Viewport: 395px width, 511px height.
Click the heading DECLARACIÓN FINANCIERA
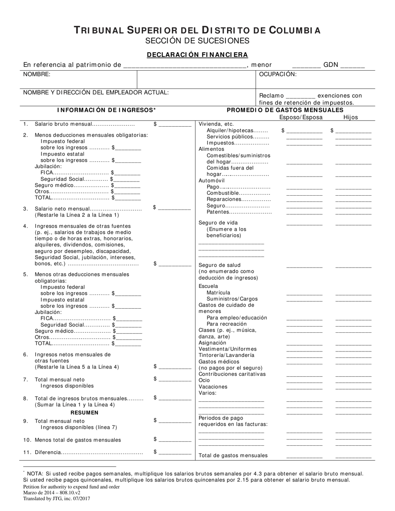(197, 54)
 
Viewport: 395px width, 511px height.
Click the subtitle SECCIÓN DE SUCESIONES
(197, 41)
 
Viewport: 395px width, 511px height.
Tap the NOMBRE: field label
(37, 74)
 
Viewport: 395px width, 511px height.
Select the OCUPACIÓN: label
(278, 74)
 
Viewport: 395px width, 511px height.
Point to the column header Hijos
(350, 117)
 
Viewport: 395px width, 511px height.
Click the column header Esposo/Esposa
(301, 117)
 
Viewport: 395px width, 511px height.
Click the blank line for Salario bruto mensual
(174, 125)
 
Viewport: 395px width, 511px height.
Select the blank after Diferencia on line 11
(174, 453)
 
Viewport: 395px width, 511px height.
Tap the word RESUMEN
(84, 413)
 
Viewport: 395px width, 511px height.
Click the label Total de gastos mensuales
(233, 455)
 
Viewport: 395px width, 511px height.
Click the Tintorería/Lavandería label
(226, 355)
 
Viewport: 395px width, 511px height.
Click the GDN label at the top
(331, 65)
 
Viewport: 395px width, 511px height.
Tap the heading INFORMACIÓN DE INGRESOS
(106, 110)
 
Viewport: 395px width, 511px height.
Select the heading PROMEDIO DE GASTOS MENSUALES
(285, 110)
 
